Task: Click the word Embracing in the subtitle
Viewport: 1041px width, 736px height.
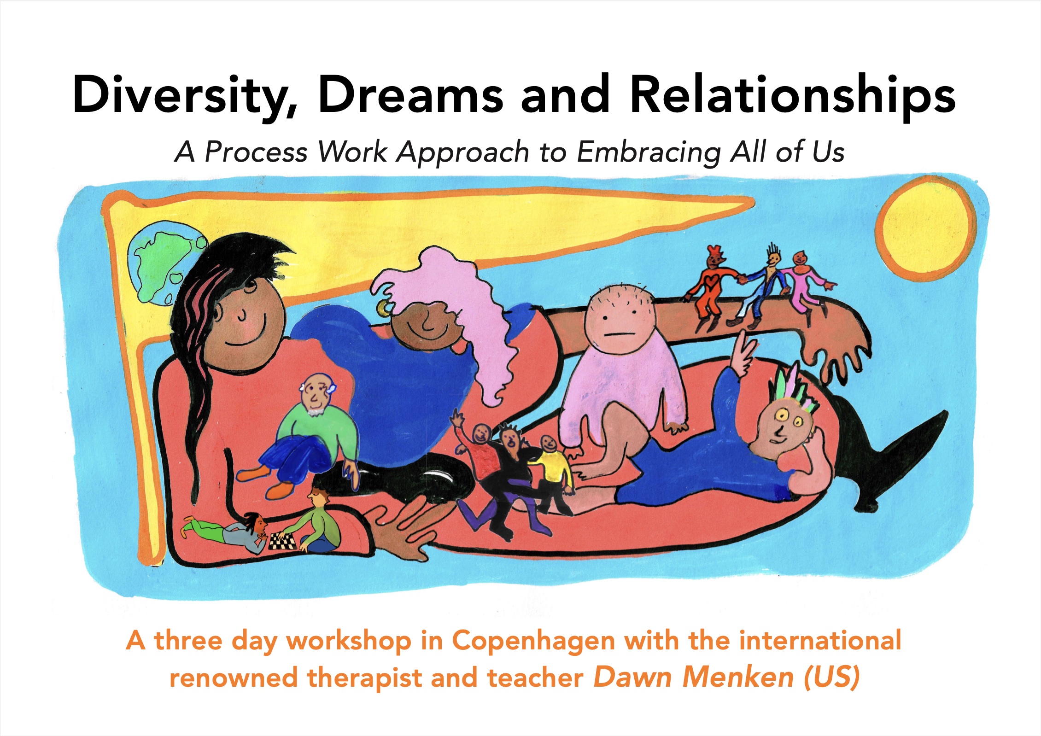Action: pos(649,152)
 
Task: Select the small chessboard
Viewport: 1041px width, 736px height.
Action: pos(282,541)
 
